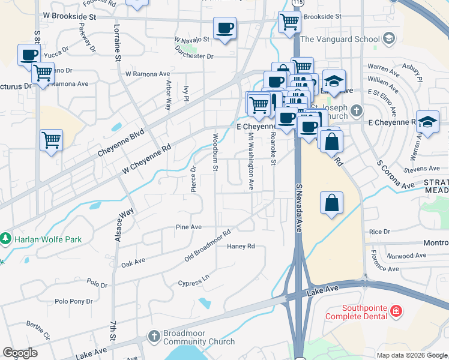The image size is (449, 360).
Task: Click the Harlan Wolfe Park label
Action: tap(47, 239)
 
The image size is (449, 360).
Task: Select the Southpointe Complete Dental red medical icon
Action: tap(396, 311)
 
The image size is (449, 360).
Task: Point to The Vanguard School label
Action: tap(340, 39)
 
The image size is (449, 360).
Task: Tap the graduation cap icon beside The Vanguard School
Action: tap(389, 39)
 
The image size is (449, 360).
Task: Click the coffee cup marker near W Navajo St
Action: tap(225, 28)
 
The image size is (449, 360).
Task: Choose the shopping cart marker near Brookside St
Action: tap(289, 22)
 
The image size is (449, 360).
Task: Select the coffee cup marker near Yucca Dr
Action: tap(29, 55)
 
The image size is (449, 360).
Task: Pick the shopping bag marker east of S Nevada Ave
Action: tap(332, 203)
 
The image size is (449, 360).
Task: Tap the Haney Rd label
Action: tap(241, 246)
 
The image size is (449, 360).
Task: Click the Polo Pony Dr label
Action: tap(74, 301)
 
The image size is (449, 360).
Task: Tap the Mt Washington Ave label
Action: tap(250, 161)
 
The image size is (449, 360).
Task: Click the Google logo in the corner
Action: tap(20, 353)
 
